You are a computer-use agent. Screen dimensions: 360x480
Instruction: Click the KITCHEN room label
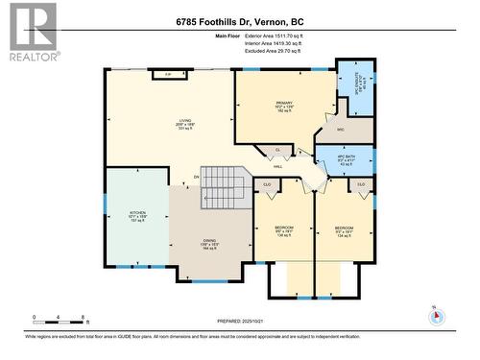[x=136, y=215]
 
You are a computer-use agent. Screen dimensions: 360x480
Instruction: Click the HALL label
[x=277, y=166]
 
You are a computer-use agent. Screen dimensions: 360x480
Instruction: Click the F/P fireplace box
[x=169, y=74]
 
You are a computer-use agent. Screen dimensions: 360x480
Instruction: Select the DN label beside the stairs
[x=196, y=177]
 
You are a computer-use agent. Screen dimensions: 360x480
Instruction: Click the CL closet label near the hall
[x=277, y=150]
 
